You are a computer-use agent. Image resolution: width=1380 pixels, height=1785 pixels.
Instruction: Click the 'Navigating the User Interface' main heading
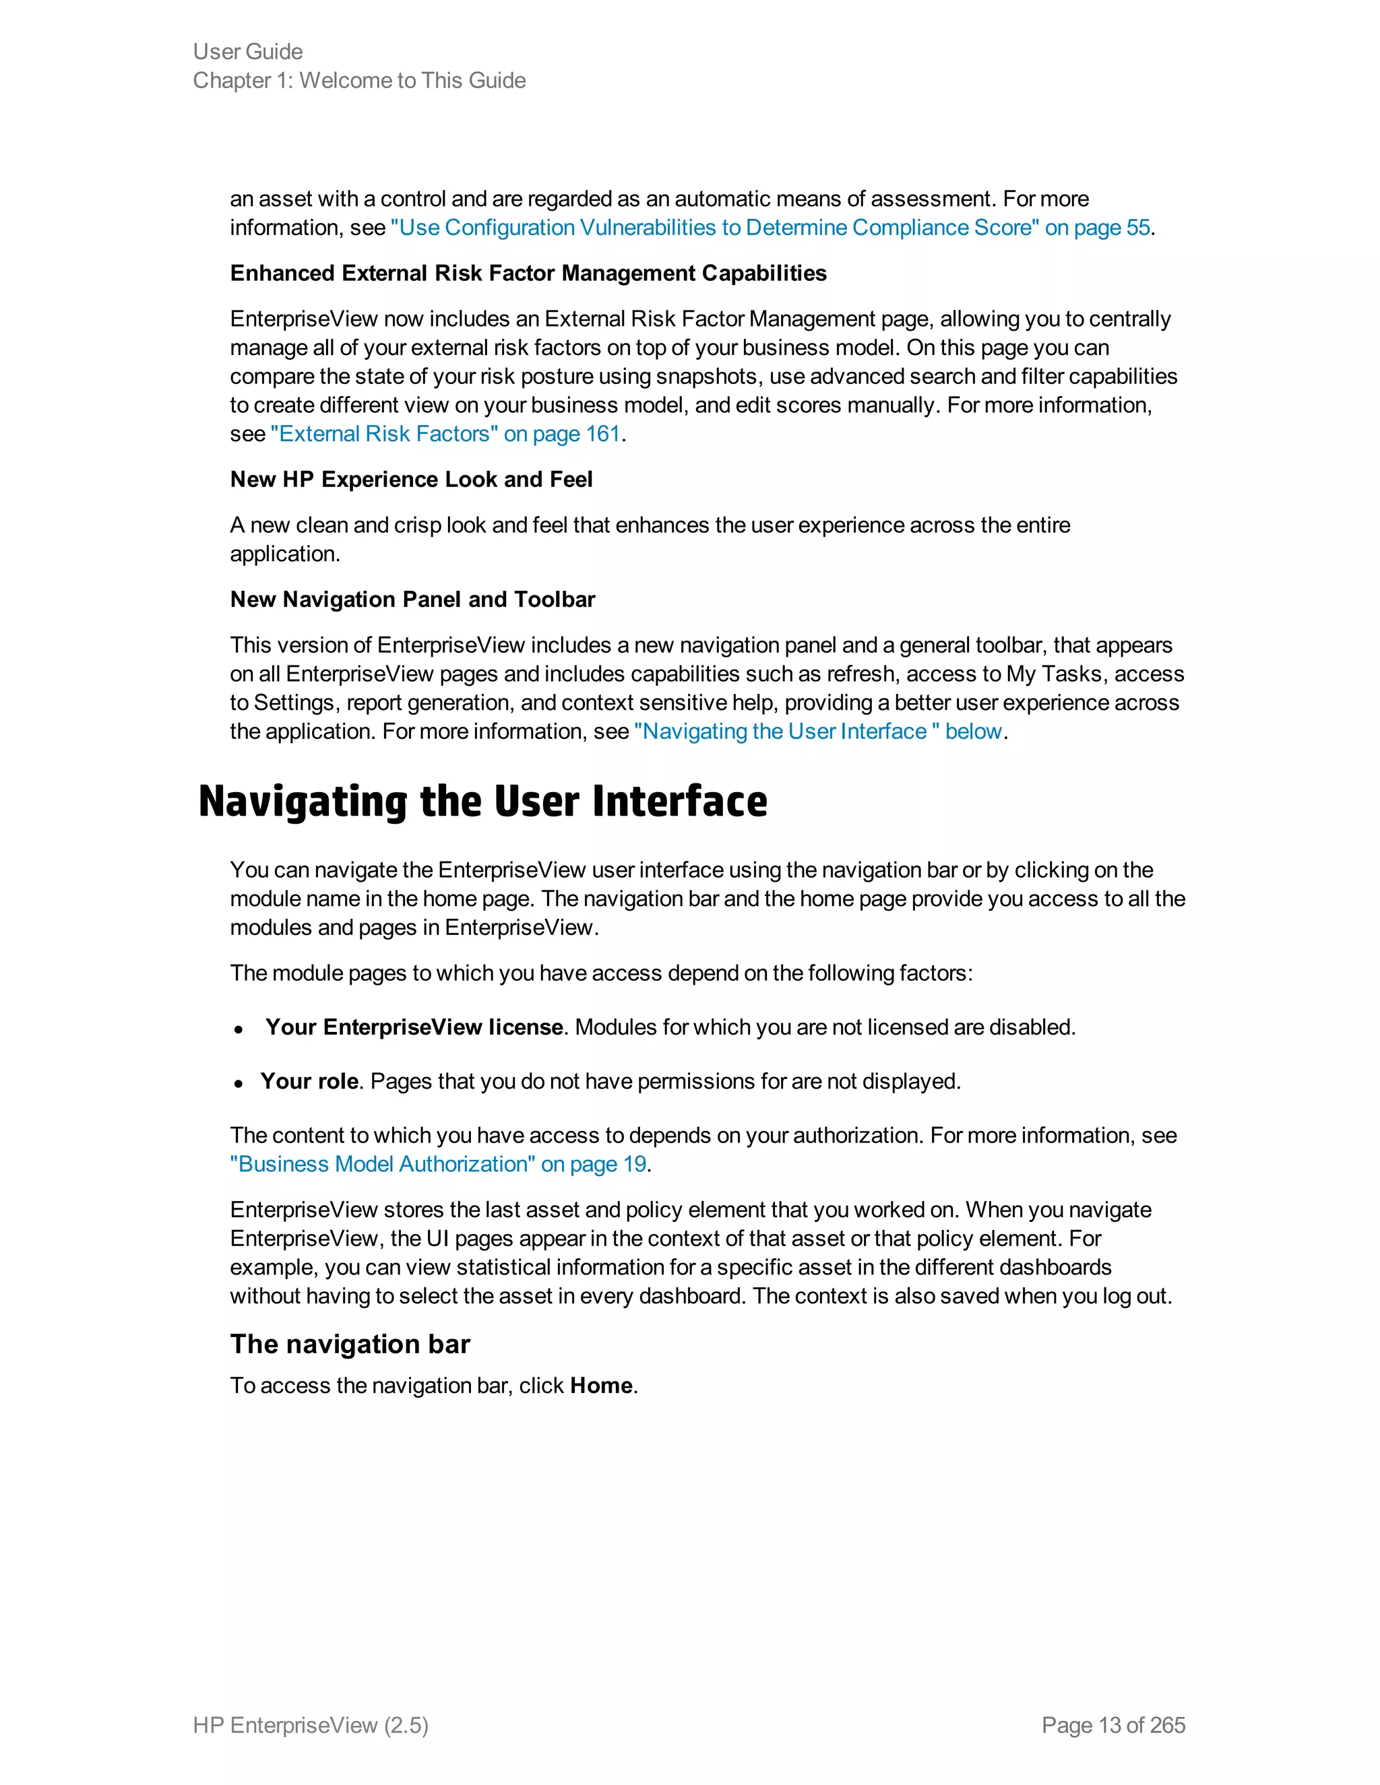point(482,802)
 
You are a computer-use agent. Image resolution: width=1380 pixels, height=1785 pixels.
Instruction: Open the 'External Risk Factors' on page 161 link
point(445,434)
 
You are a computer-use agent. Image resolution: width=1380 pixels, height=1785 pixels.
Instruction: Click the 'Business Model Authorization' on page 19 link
point(438,1164)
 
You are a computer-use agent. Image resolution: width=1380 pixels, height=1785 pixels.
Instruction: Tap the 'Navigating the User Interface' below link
point(817,732)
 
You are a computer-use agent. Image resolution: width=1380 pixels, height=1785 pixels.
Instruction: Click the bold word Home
point(602,1386)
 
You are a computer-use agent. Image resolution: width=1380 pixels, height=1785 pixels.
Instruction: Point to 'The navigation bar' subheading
point(350,1344)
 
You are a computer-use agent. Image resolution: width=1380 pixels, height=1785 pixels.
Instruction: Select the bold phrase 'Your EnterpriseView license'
point(414,1027)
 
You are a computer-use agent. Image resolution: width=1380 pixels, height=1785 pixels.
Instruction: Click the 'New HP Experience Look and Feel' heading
point(411,480)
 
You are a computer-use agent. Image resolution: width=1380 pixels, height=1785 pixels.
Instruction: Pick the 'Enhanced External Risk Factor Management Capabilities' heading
point(528,273)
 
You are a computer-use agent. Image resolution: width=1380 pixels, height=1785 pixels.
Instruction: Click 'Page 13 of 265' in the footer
point(1112,1725)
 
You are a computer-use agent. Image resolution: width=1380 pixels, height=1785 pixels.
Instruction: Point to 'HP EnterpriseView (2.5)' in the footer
point(311,1725)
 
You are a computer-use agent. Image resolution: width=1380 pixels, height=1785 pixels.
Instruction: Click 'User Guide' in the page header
point(248,51)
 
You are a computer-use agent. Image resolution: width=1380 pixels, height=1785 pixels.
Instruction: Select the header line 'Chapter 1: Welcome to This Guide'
point(359,80)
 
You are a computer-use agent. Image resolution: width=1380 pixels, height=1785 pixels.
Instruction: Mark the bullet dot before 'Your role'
point(239,1084)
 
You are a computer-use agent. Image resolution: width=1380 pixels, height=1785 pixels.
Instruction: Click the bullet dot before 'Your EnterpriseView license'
point(239,1030)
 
